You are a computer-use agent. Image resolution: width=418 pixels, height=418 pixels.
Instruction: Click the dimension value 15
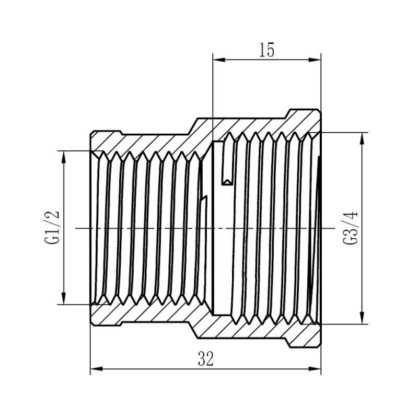coord(266,50)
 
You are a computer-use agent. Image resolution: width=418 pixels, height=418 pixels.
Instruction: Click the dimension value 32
coord(206,359)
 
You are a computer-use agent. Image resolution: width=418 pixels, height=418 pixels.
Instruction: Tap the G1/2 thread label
coord(53,228)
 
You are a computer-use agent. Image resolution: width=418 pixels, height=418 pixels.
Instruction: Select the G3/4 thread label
coord(350,228)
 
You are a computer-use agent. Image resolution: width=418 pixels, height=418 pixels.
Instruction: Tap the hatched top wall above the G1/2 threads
coord(141,141)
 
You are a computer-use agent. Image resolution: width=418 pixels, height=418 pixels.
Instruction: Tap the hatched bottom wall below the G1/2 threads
coord(141,315)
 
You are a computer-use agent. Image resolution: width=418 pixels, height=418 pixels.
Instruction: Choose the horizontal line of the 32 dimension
coord(157,369)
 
